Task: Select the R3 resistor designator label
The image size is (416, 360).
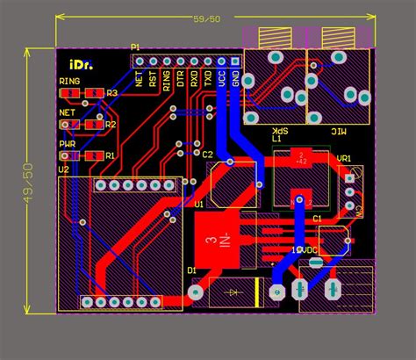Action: [x=111, y=92]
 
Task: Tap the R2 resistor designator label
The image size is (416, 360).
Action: [x=111, y=125]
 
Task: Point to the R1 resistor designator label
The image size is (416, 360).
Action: [x=110, y=155]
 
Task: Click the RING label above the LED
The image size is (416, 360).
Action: [x=69, y=82]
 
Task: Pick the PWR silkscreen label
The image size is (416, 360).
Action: [x=67, y=144]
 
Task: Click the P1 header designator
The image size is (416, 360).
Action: [x=135, y=47]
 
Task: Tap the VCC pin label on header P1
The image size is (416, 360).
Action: [x=222, y=79]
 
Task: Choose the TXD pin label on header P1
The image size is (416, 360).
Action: [x=208, y=79]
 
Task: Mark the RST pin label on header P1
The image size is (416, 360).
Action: [x=153, y=79]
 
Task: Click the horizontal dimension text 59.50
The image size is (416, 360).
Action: [x=207, y=18]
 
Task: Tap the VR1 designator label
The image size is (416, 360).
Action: [x=344, y=159]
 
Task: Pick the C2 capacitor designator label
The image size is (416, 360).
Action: [x=208, y=155]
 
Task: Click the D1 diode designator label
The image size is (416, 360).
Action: [x=191, y=269]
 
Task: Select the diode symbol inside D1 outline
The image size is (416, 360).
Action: [x=234, y=291]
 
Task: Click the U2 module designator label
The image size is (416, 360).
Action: [x=64, y=169]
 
